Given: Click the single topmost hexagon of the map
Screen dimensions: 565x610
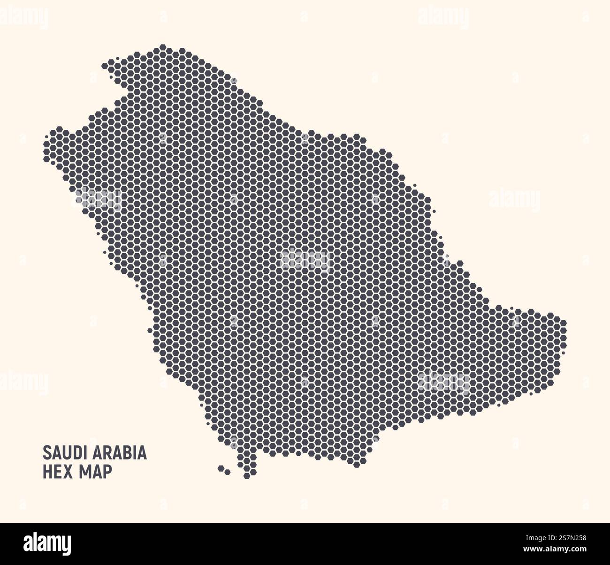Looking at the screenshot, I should point(163,47).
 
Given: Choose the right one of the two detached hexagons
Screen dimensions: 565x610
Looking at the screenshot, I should point(228,471).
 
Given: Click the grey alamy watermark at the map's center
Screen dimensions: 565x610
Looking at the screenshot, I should point(305,258).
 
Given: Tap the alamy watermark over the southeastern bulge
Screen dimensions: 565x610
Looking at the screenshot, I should point(444,381).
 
